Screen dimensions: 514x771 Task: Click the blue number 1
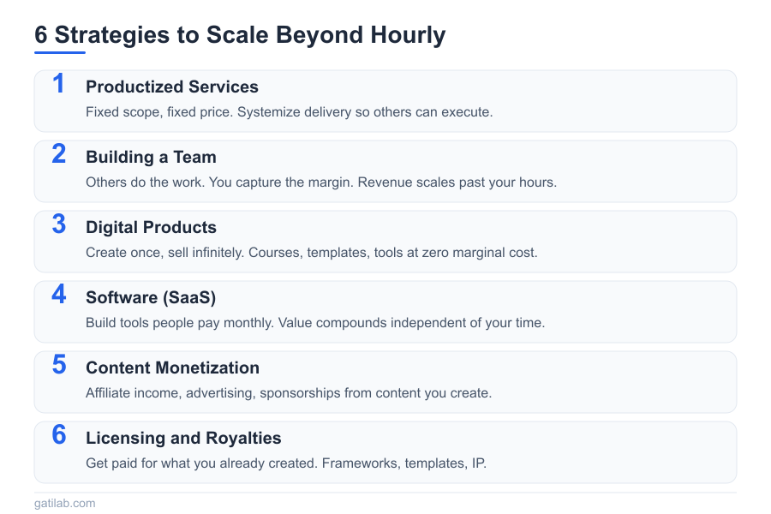(x=58, y=84)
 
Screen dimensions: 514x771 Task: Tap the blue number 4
(x=58, y=295)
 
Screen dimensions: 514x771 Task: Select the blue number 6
(x=58, y=435)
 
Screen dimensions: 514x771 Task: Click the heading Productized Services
(x=172, y=87)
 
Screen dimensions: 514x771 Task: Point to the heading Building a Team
(x=151, y=157)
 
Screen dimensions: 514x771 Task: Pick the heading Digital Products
(x=151, y=227)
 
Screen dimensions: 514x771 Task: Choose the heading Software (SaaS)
(x=151, y=297)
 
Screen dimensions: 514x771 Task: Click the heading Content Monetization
(x=172, y=368)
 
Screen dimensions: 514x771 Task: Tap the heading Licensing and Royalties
(x=183, y=438)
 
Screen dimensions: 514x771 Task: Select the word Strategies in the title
(x=108, y=35)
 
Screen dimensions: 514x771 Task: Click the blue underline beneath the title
(x=60, y=52)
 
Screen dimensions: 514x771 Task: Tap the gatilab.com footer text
(x=65, y=503)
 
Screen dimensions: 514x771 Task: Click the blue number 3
(x=58, y=224)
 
